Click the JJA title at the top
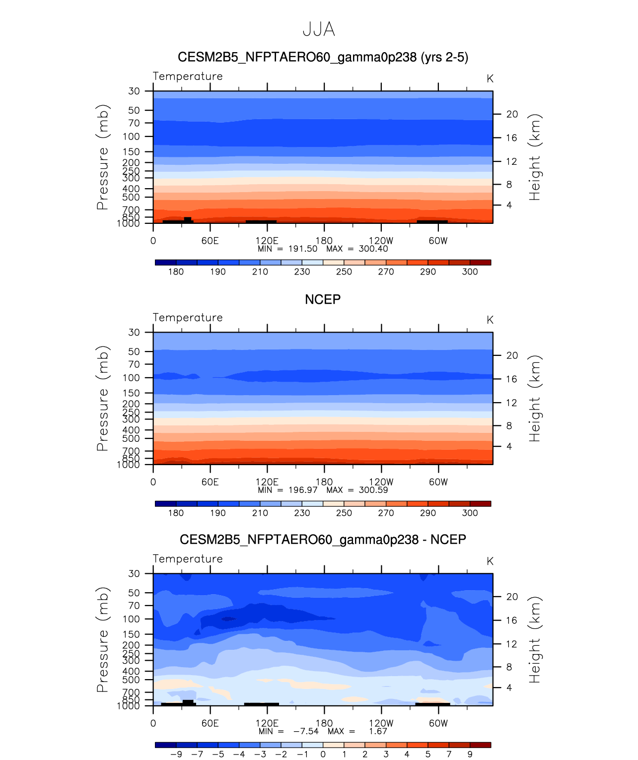[x=319, y=30]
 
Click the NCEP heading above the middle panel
[x=323, y=300]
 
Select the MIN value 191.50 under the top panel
[x=303, y=249]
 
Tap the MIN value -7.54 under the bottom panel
[x=306, y=731]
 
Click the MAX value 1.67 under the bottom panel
[x=378, y=731]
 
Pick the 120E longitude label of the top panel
[x=267, y=241]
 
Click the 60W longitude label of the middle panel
[x=438, y=482]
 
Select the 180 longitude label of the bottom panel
[x=324, y=723]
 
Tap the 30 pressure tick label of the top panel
[x=134, y=91]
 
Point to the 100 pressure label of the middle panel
[x=132, y=378]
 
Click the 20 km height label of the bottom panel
[x=512, y=597]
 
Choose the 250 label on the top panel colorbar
[x=344, y=272]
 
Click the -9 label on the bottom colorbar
[x=176, y=755]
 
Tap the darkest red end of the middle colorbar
[x=480, y=503]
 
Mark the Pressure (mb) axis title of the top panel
[x=102, y=157]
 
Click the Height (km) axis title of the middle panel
[x=534, y=398]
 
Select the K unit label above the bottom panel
[x=490, y=561]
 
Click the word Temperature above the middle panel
[x=188, y=318]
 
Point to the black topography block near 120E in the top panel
[x=261, y=221]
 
